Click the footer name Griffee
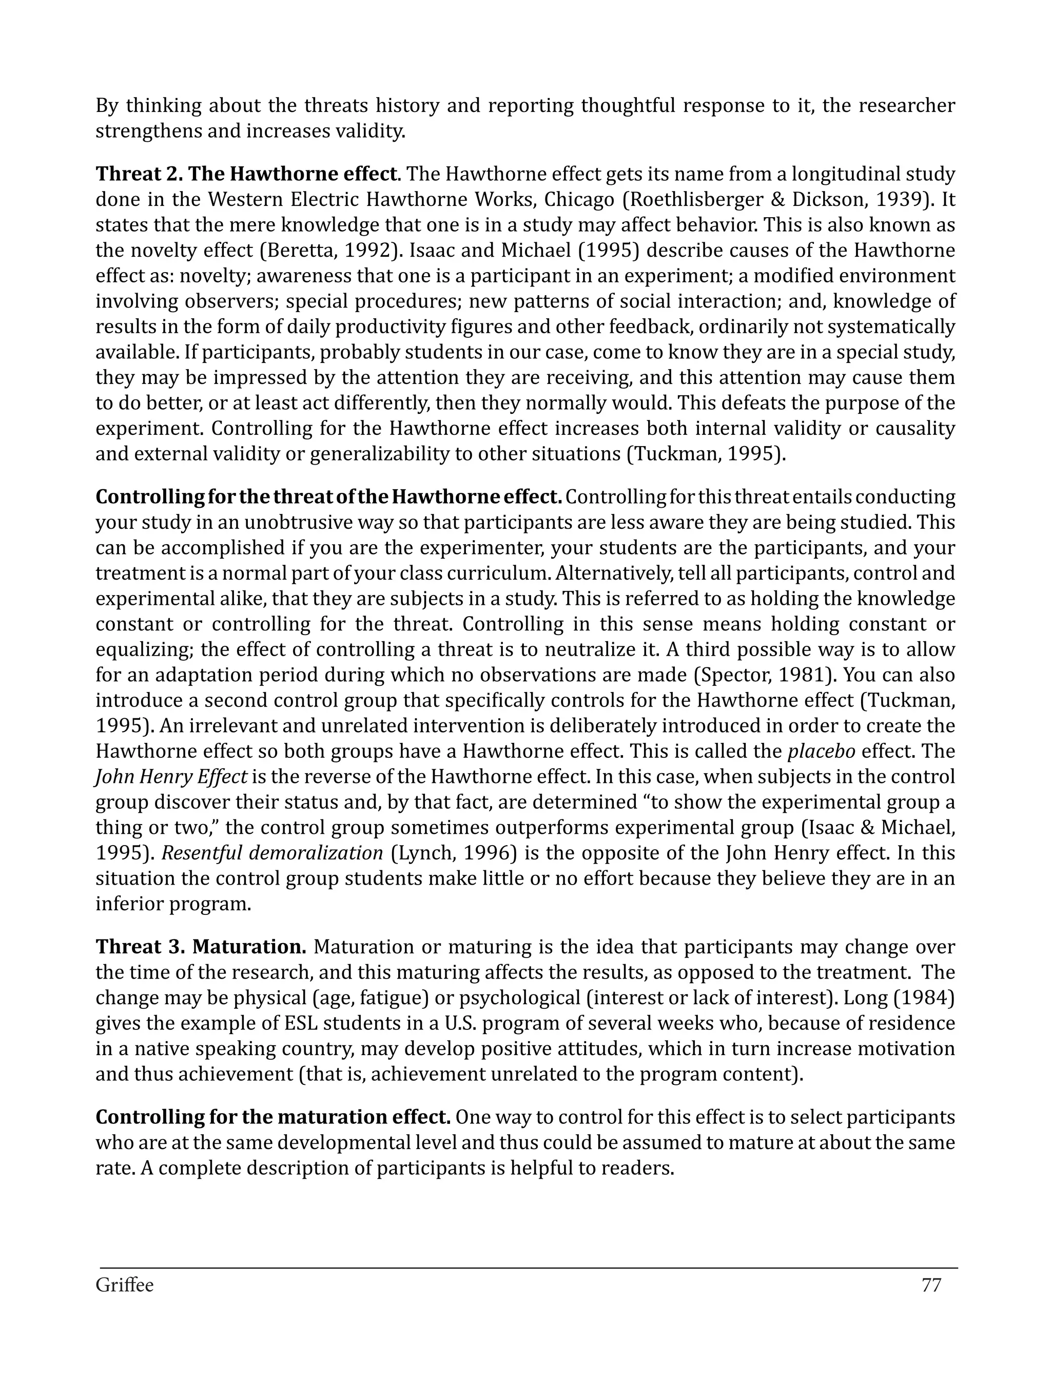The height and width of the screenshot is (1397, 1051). point(124,1285)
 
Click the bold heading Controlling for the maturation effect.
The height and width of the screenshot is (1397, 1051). point(273,1117)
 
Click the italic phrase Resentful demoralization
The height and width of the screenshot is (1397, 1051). point(272,853)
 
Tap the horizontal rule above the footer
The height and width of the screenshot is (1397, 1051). point(529,1268)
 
